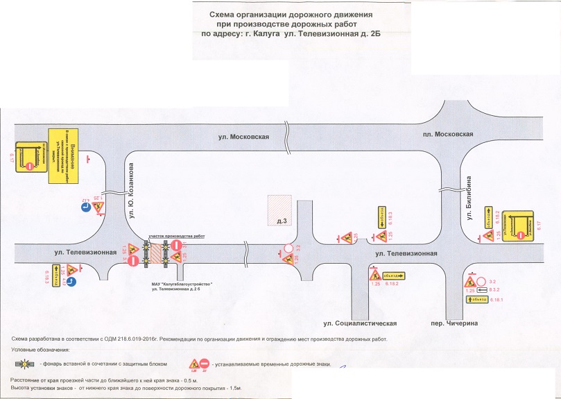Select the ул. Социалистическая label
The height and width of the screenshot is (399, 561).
coord(359,324)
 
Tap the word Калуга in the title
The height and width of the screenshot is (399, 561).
coord(270,33)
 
